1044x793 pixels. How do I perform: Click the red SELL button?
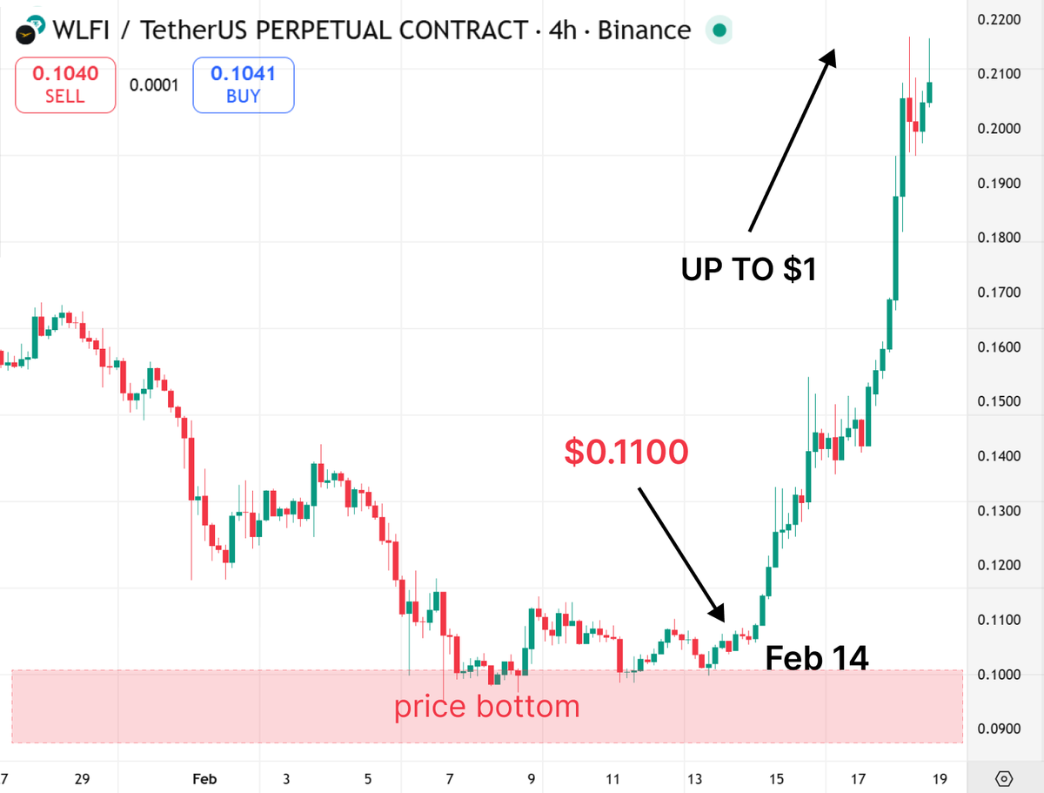tap(65, 84)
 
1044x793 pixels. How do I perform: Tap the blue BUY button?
tap(243, 84)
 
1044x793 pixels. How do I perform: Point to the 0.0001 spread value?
tap(154, 85)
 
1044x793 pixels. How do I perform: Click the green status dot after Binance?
tap(719, 31)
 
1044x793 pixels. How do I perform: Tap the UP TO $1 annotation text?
tap(748, 270)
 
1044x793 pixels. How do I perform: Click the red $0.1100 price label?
tap(626, 451)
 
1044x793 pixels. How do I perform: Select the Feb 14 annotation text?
tap(816, 659)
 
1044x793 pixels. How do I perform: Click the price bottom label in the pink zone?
tap(486, 706)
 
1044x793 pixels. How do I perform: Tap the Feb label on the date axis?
tap(204, 777)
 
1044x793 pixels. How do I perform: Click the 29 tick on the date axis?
tap(83, 777)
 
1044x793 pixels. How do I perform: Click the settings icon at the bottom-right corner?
tap(1004, 777)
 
